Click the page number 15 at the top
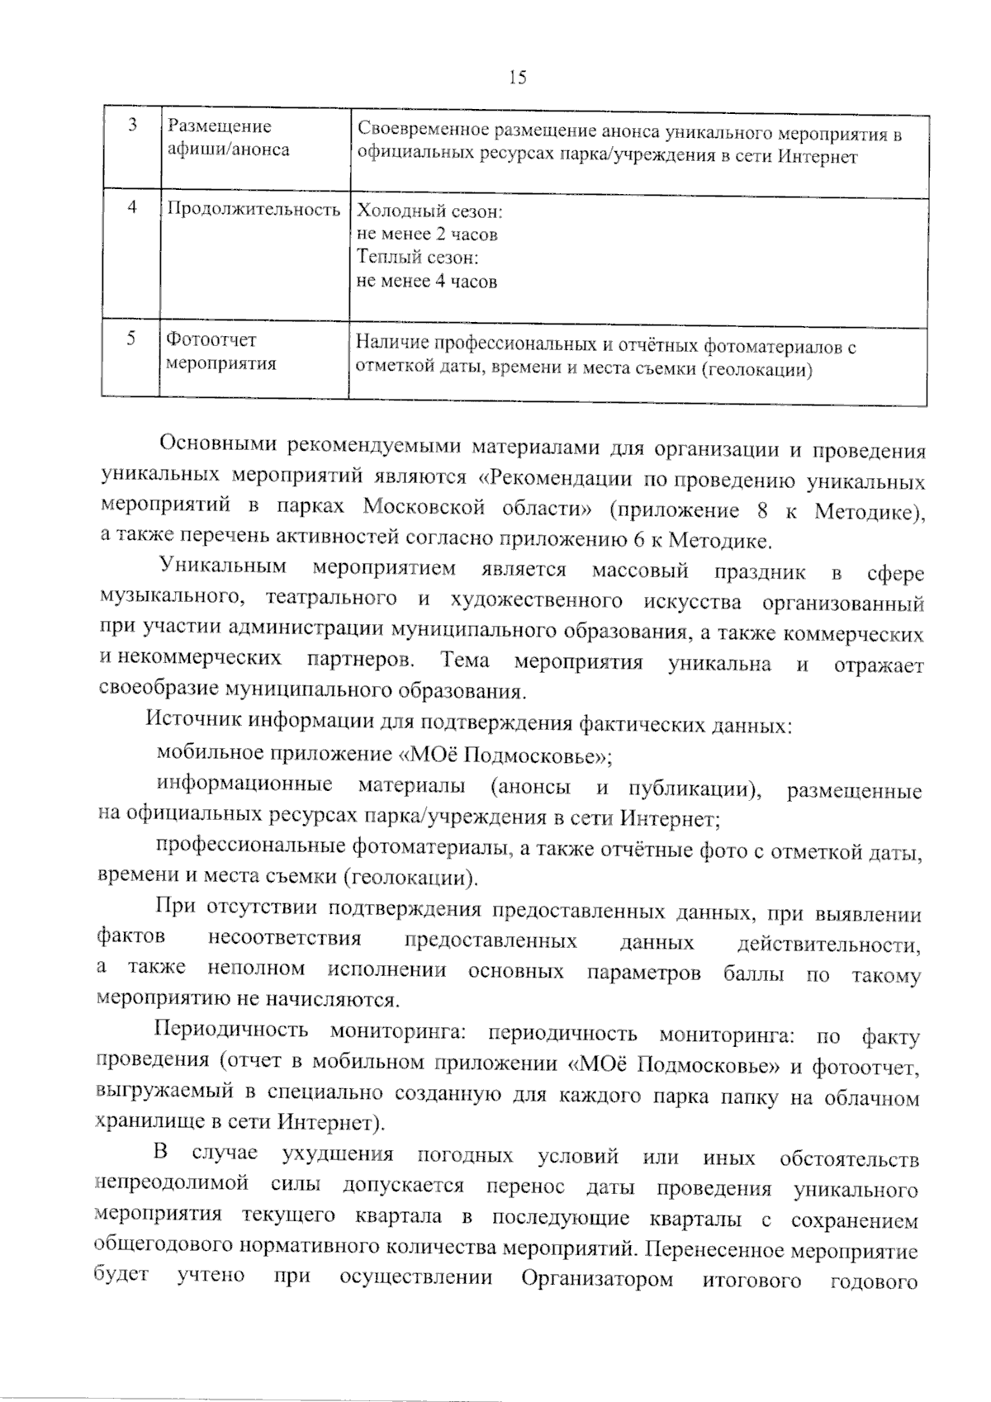(x=518, y=78)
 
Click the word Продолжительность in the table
(x=254, y=209)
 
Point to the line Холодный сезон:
(x=429, y=211)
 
